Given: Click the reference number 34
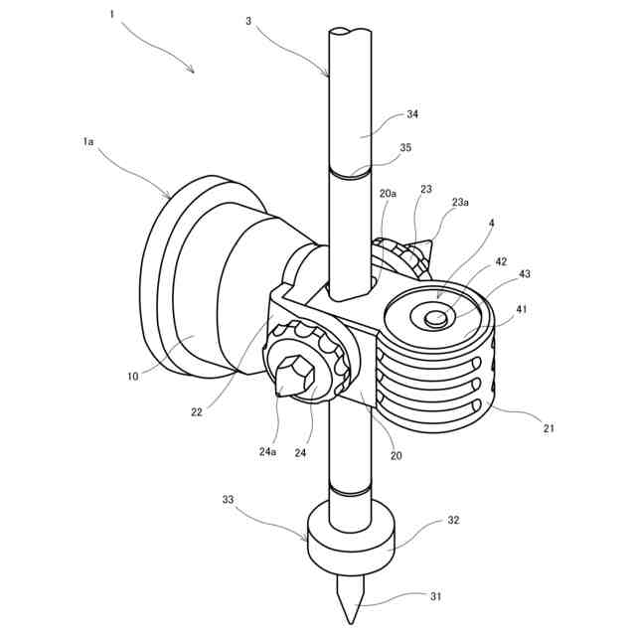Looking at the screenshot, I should pos(411,114).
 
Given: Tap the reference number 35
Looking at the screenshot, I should pos(404,147).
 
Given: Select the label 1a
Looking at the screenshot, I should pos(88,142).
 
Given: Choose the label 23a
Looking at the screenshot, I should pos(460,203).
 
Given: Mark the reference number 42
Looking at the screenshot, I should pos(501,262).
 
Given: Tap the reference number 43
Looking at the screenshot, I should pos(525,273).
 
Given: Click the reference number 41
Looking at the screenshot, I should pos(522,309).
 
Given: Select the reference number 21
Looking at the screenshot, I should pos(549,428).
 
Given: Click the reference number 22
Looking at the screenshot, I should pos(196,411).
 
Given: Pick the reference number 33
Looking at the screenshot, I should pos(228,501).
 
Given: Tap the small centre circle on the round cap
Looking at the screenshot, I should pos(434,319).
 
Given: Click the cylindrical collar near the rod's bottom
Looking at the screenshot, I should pos(349,538).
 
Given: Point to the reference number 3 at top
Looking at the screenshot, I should pos(248,19).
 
